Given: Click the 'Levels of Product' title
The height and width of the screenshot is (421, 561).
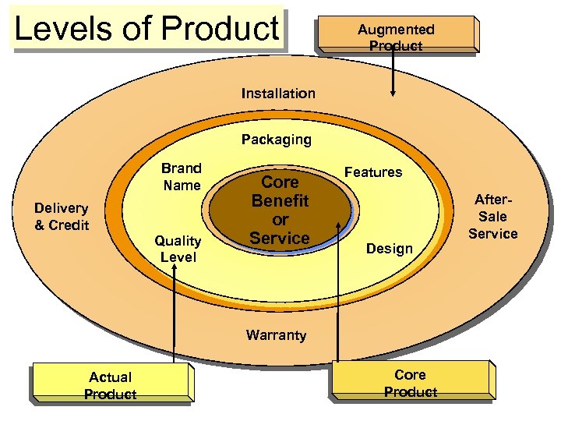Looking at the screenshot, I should tap(146, 29).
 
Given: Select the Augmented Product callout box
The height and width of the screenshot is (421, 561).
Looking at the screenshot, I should tap(396, 36).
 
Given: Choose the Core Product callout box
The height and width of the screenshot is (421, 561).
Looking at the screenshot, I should tap(411, 382).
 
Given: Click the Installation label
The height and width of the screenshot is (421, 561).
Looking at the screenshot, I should tap(278, 94).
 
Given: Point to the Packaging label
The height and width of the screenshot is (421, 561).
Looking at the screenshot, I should tap(276, 140).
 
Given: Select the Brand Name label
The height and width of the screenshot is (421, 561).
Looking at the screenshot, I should tap(182, 177).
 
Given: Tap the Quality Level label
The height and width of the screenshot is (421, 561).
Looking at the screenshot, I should tap(178, 249).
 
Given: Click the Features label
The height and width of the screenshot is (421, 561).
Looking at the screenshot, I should tap(373, 172).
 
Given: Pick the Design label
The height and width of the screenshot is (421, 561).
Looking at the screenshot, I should tap(389, 249).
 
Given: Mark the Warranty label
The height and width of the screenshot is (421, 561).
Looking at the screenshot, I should tap(276, 335).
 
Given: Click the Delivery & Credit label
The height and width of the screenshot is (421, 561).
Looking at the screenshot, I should tap(62, 217).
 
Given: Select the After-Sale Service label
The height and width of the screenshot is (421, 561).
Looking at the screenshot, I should tap(493, 217).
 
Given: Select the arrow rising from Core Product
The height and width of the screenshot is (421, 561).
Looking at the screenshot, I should tap(338, 296).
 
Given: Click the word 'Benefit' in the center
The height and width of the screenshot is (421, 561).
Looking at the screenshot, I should tap(280, 200).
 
